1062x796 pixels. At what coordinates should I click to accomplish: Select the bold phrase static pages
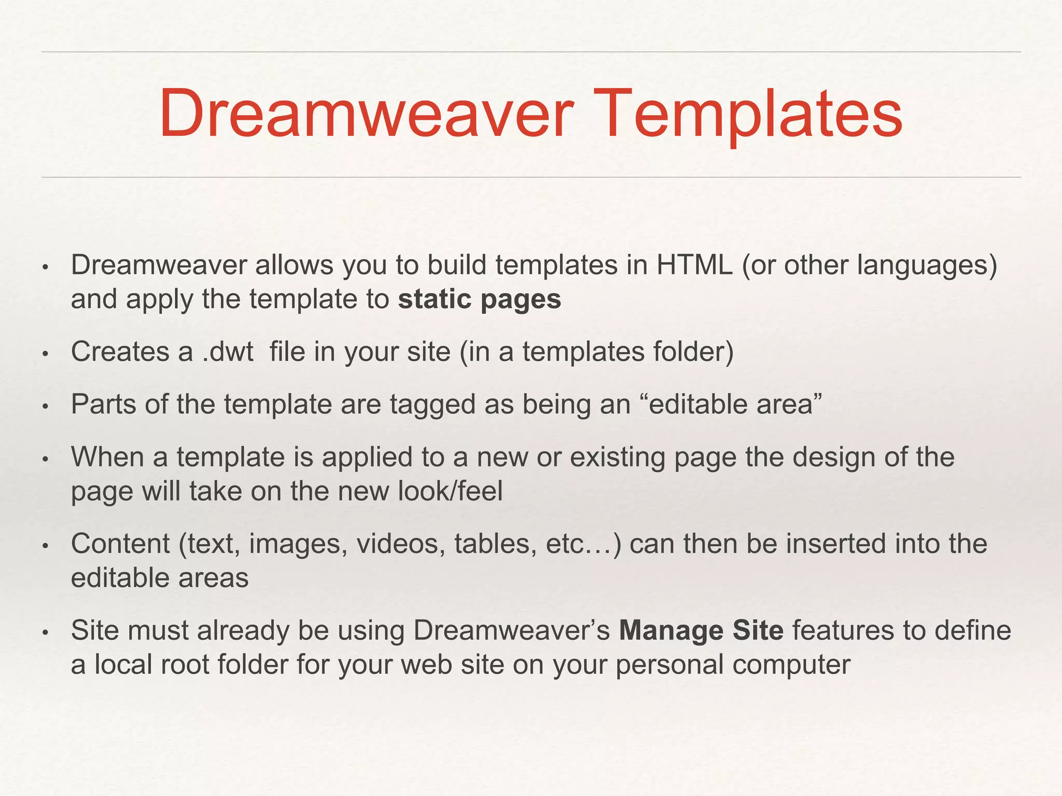click(480, 300)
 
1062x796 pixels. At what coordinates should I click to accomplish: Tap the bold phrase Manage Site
click(701, 631)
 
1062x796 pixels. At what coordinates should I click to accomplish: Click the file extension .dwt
click(228, 352)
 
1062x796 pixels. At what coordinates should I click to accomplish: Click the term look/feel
click(451, 491)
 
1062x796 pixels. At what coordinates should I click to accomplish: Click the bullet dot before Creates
click(45, 354)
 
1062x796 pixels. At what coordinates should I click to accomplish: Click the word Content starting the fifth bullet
click(120, 544)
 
